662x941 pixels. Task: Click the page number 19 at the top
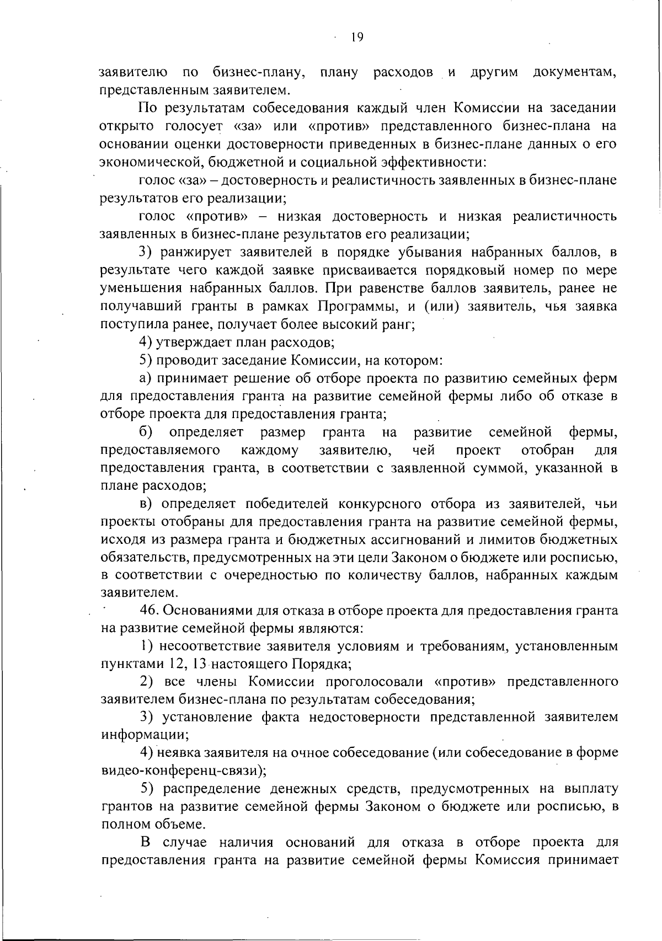coord(356,38)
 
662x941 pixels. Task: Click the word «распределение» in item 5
coord(197,789)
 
